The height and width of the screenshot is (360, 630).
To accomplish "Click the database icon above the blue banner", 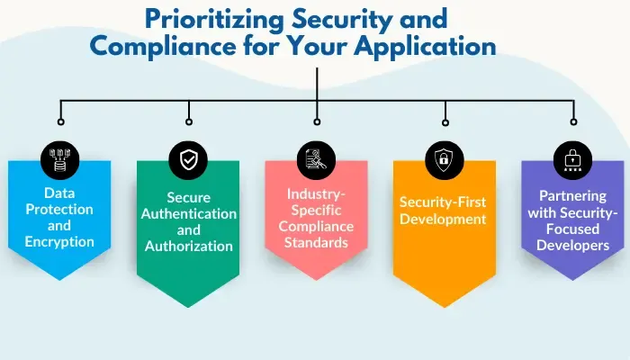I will coord(60,160).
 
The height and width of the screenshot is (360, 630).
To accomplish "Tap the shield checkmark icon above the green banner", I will coord(189,160).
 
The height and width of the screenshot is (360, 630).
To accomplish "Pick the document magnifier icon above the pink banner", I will coord(317,160).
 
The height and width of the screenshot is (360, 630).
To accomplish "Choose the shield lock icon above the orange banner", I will coord(445,160).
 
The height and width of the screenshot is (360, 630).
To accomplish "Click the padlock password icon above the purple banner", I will coord(573,160).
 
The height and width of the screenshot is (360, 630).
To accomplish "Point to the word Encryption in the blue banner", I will coord(59,241).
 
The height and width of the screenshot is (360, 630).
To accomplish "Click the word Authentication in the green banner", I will coord(189,214).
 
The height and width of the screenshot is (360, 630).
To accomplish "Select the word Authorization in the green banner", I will coord(189,247).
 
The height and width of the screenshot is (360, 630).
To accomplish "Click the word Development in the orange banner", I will coord(445,219).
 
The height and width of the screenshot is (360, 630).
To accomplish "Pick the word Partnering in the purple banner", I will coord(572,195).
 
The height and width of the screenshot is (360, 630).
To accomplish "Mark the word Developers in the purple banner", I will coord(572,244).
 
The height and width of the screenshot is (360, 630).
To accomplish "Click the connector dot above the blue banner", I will coord(60,120).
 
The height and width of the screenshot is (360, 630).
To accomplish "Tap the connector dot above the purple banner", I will coord(573,120).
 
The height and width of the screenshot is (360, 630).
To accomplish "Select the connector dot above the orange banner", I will coord(445,120).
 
